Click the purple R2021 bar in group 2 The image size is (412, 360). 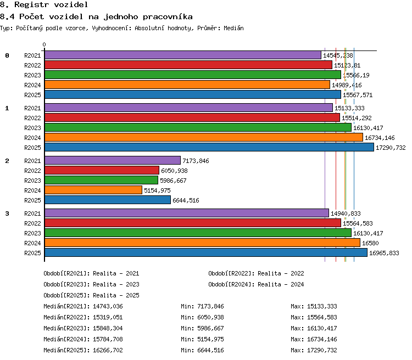click(x=113, y=160)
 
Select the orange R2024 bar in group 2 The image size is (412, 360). click(x=93, y=190)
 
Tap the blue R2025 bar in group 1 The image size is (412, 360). click(x=209, y=147)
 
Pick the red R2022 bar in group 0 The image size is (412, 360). click(x=188, y=65)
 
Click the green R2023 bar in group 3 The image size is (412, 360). click(x=198, y=233)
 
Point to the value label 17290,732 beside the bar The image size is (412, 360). click(x=391, y=148)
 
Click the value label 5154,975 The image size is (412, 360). click(x=157, y=190)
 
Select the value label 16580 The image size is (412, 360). click(x=370, y=243)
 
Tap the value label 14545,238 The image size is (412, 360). click(x=338, y=55)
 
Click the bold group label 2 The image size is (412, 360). click(x=7, y=161)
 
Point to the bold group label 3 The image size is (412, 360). click(x=7, y=213)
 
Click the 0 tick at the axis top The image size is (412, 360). click(x=44, y=44)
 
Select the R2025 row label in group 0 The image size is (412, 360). click(x=32, y=95)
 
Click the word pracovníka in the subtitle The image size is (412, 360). click(x=168, y=17)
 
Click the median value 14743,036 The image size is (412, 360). click(x=108, y=306)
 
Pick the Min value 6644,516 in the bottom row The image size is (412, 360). click(x=210, y=350)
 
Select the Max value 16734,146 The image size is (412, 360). click(x=322, y=339)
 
